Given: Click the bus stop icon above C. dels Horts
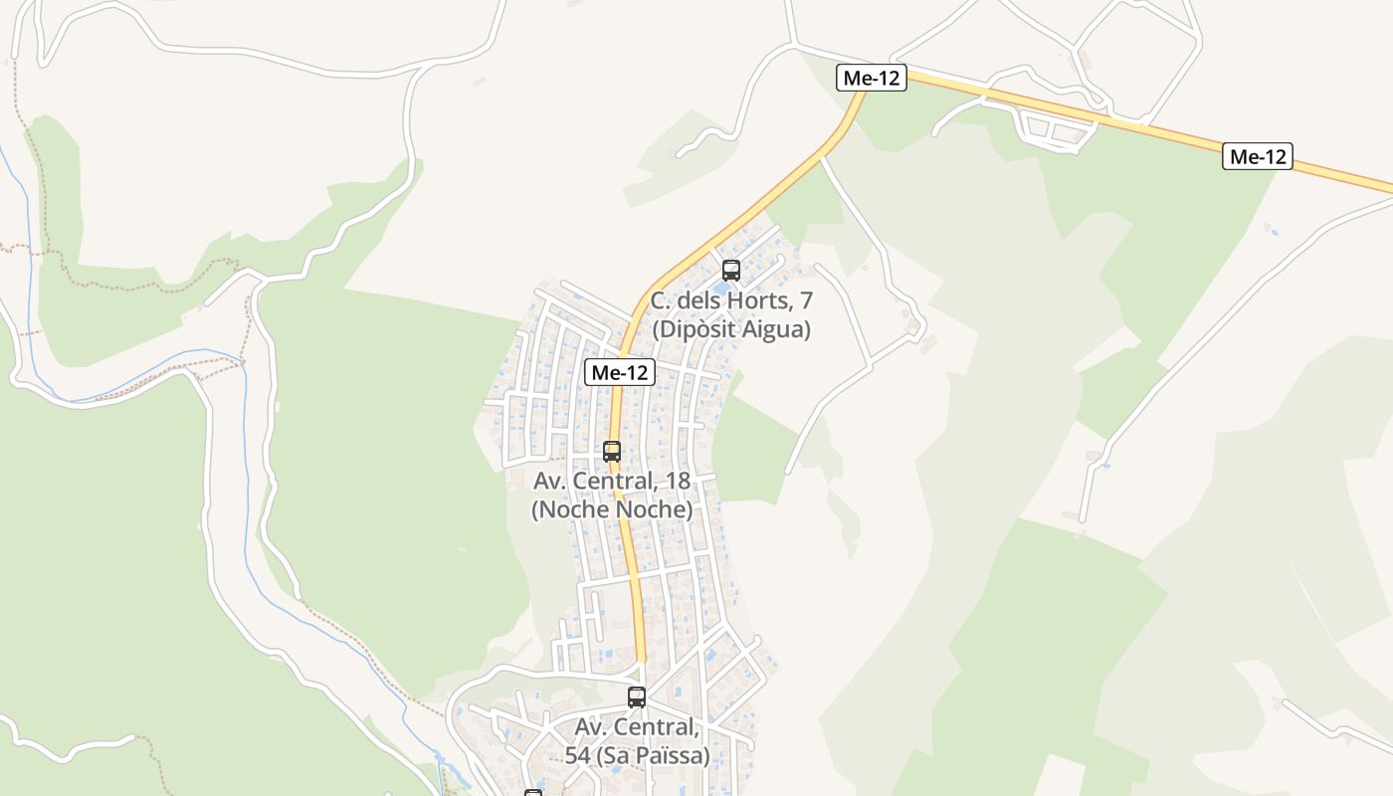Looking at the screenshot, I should click(731, 270).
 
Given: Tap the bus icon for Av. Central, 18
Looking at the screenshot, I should click(612, 451).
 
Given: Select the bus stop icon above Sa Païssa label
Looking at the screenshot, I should click(637, 697).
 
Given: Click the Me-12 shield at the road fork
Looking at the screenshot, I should click(872, 78).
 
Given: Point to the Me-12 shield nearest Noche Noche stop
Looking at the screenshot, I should click(619, 372).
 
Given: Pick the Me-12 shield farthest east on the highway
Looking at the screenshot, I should click(1258, 156).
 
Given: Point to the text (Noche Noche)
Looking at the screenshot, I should click(612, 509).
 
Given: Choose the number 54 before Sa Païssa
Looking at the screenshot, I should click(578, 756).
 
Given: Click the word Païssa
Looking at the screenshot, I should click(676, 756).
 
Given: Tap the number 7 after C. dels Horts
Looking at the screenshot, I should click(806, 300).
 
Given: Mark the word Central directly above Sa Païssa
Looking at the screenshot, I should click(656, 727).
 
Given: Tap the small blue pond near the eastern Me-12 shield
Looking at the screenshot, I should click(1275, 232).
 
